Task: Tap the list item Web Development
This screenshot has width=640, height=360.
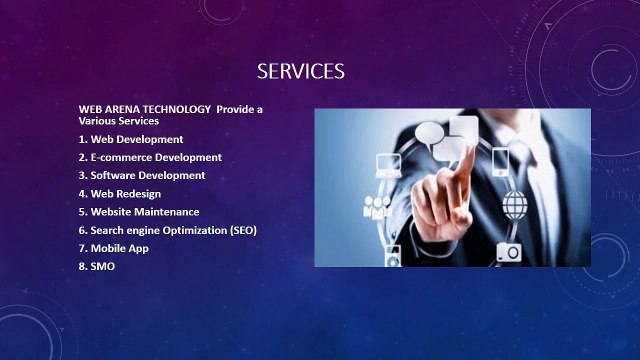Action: click(130, 139)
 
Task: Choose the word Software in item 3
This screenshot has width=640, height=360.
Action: click(115, 175)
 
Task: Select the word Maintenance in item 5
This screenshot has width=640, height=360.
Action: click(168, 212)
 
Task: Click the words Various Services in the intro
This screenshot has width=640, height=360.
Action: click(119, 120)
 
